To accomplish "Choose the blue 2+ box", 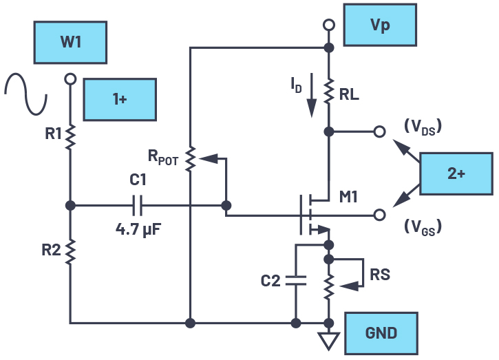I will click(x=456, y=173).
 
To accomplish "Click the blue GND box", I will click(x=381, y=333).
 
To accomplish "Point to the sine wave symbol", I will click(x=25, y=94).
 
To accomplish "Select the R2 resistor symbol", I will click(x=70, y=251).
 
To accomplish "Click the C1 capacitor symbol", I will click(x=138, y=205).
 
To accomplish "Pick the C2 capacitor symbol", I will click(x=297, y=281).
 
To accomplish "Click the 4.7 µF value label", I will click(x=138, y=224).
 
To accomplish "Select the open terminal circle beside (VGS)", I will click(x=379, y=215).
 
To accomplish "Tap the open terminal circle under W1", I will click(x=70, y=80).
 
